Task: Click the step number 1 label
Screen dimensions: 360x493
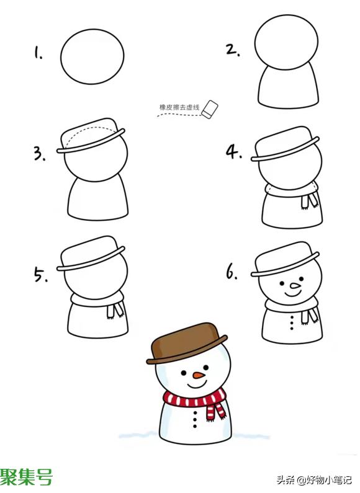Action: tap(38, 53)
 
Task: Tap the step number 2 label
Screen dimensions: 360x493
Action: tap(233, 50)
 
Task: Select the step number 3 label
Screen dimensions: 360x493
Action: tap(40, 154)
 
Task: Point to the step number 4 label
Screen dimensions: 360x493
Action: tap(234, 152)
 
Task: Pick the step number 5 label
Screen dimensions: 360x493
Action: tap(40, 274)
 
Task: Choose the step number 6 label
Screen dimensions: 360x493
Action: tap(232, 272)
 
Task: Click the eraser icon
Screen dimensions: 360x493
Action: tap(210, 110)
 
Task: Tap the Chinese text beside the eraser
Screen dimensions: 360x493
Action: tap(179, 107)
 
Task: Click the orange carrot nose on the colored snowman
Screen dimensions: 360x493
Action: tap(199, 375)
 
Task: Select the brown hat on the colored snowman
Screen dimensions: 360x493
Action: tap(187, 344)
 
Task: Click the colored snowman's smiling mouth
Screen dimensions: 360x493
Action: tap(197, 384)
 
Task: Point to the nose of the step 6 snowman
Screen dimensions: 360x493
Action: tap(295, 285)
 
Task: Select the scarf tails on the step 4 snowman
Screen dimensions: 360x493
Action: tap(309, 200)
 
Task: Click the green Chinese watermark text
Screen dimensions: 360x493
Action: tap(27, 477)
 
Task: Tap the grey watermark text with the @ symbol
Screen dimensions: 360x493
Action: tap(314, 480)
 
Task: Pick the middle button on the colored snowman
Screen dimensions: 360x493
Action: tap(195, 419)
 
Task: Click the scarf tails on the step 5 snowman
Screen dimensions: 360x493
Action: tap(115, 311)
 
